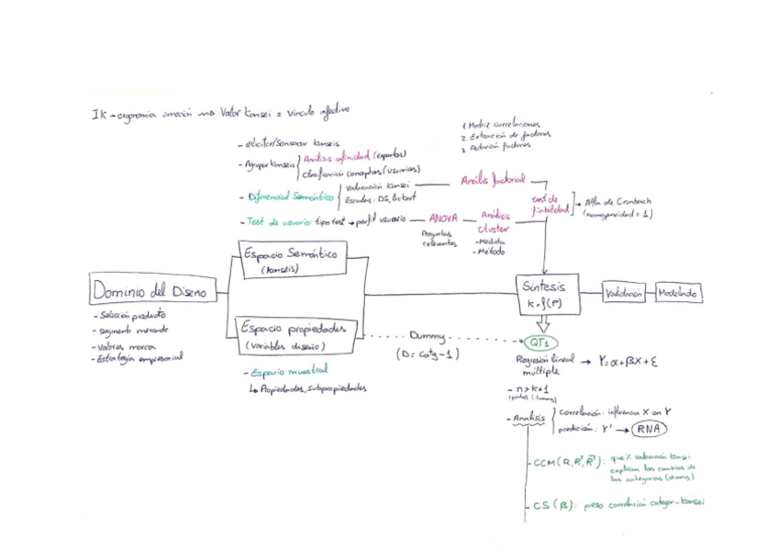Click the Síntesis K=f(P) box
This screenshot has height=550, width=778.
[x=545, y=292]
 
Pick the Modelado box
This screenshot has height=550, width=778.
[x=679, y=293]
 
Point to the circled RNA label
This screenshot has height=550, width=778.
[x=648, y=429]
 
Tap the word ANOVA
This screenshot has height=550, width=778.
[x=443, y=219]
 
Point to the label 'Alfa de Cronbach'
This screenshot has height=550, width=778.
[x=613, y=202]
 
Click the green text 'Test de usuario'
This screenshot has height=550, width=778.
[x=277, y=221]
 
